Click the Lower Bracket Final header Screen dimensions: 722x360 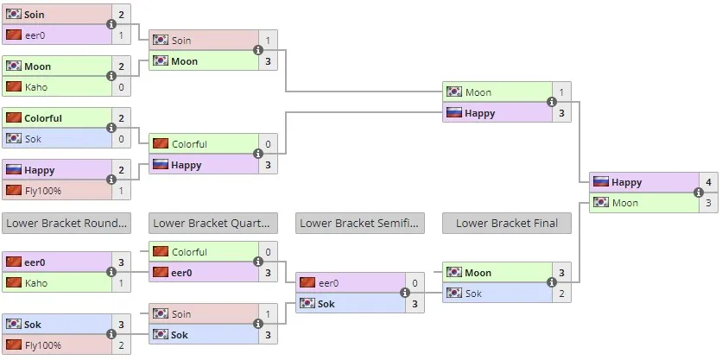click(506, 224)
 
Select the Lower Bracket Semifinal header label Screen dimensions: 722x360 click(359, 224)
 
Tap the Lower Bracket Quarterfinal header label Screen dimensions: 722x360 click(213, 224)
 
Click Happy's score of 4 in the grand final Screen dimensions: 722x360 click(708, 182)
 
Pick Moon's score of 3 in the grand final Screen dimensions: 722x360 click(708, 203)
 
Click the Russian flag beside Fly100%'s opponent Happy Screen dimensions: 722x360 click(14, 169)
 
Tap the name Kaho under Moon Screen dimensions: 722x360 click(36, 87)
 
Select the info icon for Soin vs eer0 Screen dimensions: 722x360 click(111, 24)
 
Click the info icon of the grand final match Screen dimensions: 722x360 click(698, 193)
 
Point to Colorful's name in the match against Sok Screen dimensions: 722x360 click(43, 118)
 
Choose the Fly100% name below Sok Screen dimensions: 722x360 click(43, 344)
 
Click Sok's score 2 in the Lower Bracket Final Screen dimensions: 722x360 click(561, 293)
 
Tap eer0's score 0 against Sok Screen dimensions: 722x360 click(415, 283)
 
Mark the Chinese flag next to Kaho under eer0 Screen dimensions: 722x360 click(14, 282)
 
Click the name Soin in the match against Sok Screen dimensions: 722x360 click(181, 314)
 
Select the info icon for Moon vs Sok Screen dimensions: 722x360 click(552, 282)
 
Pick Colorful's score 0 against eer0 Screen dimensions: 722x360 click(268, 252)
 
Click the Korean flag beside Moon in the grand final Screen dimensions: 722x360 click(601, 202)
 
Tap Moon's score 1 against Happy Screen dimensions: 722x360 click(561, 92)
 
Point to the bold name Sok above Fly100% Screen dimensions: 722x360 click(33, 324)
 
